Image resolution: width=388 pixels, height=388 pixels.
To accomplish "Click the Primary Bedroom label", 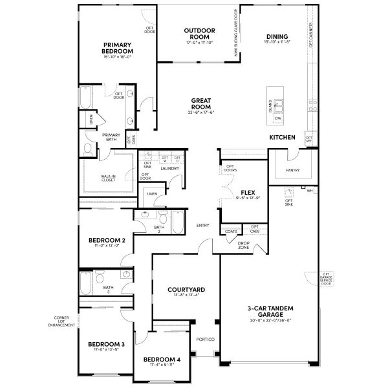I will pyautogui.click(x=118, y=47).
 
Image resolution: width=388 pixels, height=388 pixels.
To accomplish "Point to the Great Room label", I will pyautogui.click(x=200, y=103).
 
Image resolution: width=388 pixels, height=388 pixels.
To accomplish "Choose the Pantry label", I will pyautogui.click(x=292, y=171).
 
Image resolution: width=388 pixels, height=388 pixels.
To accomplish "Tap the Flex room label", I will pyautogui.click(x=246, y=193).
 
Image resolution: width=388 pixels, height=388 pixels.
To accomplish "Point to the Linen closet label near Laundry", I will pyautogui.click(x=152, y=193).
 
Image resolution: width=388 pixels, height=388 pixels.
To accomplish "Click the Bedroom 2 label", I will pyautogui.click(x=107, y=240).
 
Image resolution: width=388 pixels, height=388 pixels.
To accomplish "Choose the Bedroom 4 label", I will pyautogui.click(x=162, y=359).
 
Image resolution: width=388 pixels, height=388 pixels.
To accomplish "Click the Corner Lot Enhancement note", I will pyautogui.click(x=61, y=321).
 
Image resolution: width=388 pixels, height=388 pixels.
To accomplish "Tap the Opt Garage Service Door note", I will pyautogui.click(x=326, y=279).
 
